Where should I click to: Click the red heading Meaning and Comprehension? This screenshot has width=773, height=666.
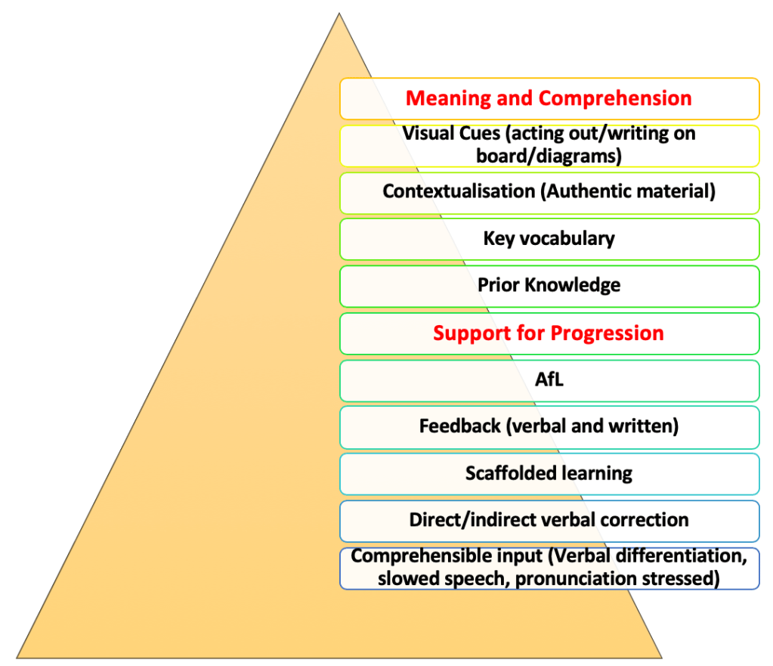549,98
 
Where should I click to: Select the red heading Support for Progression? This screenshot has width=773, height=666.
549,333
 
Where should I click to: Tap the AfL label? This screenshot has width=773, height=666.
549,380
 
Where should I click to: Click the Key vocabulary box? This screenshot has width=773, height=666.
549,239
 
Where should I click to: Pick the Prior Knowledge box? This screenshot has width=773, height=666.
549,286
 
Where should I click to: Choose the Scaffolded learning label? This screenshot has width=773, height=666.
549,474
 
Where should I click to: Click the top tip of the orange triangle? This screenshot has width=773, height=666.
339,14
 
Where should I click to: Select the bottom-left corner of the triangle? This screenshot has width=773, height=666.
18,656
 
